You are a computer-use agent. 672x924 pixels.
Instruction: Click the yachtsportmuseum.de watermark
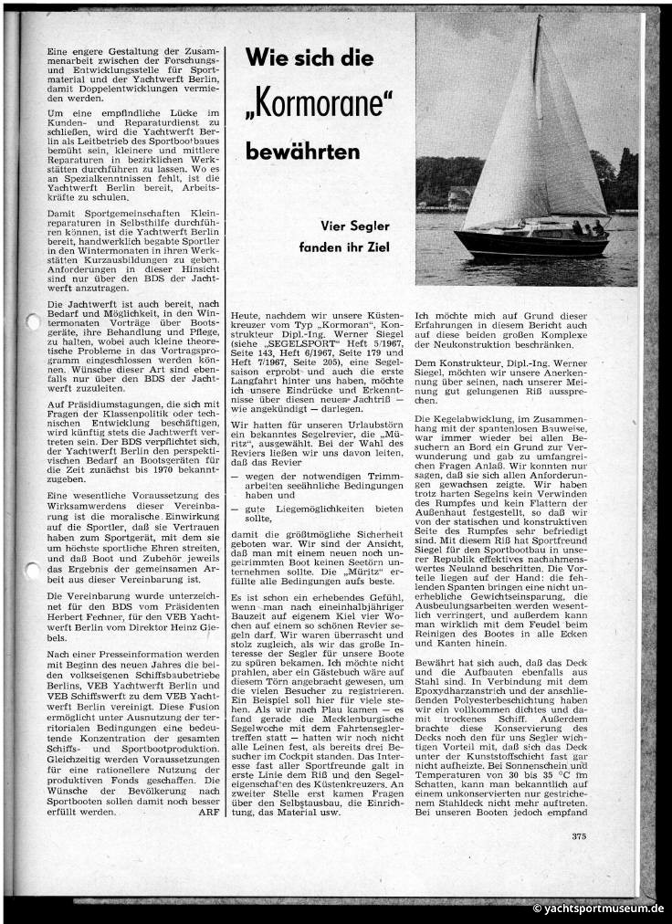click(x=598, y=908)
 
